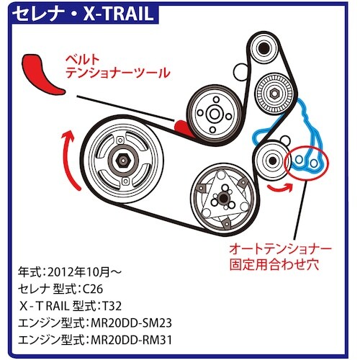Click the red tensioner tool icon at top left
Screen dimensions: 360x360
coord(41,74)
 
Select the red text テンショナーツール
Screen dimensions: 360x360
coord(126,72)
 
